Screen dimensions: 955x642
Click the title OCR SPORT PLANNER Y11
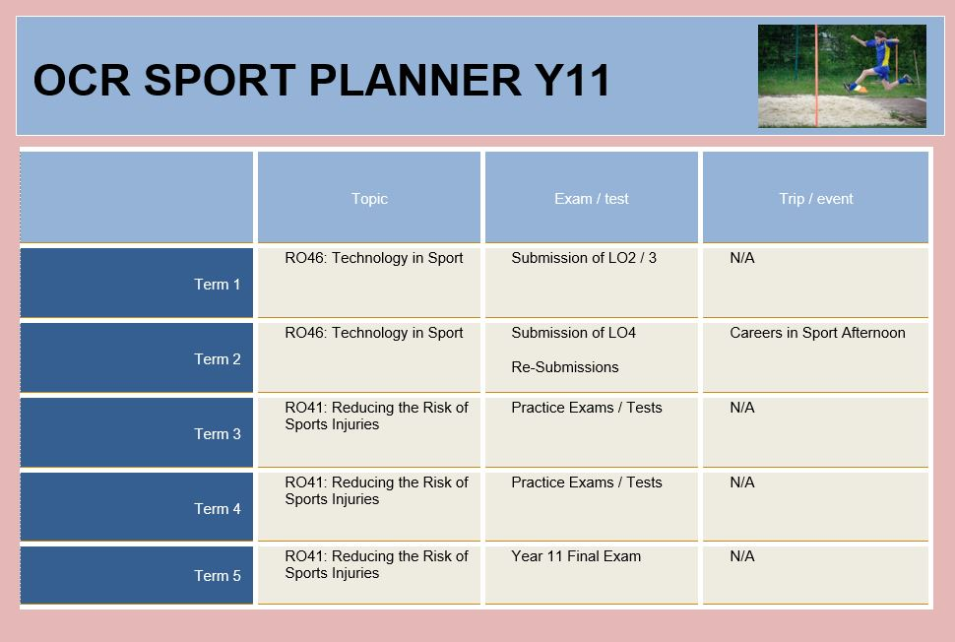click(x=322, y=80)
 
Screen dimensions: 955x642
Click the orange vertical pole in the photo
click(x=816, y=76)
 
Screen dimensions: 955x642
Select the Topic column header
click(x=369, y=199)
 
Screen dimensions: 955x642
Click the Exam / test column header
click(x=592, y=199)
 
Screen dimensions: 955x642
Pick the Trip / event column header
click(x=815, y=199)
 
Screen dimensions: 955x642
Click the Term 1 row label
click(x=217, y=285)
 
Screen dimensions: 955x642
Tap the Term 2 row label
click(x=217, y=359)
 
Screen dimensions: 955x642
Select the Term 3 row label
click(x=217, y=434)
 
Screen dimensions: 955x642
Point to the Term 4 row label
click(x=217, y=509)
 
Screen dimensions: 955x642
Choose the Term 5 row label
click(x=217, y=576)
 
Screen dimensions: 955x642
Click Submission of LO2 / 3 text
click(x=584, y=258)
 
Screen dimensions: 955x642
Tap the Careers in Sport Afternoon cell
click(x=817, y=333)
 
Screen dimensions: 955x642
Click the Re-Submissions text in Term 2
click(x=564, y=367)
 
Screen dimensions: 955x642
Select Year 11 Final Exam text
click(x=576, y=556)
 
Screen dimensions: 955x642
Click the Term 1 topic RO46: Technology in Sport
click(x=373, y=258)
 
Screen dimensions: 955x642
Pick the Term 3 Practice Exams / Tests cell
click(x=586, y=408)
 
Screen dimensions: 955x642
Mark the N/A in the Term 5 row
click(x=741, y=556)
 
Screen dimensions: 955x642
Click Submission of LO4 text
click(x=573, y=333)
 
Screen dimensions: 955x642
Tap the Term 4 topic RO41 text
click(x=376, y=491)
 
